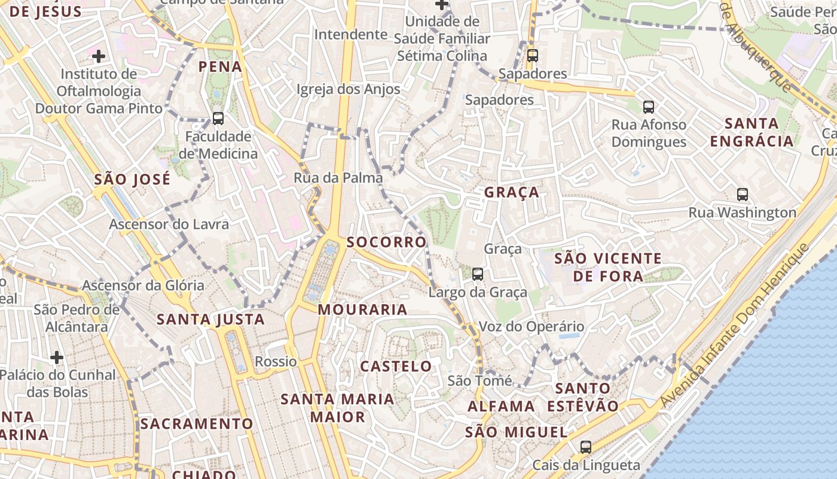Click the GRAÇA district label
(x=511, y=192)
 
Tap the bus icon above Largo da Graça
(x=477, y=274)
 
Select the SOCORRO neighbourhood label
(x=387, y=242)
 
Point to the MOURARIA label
(x=363, y=310)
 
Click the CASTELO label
(x=396, y=366)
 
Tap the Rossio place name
(x=276, y=361)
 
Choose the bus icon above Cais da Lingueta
(x=586, y=447)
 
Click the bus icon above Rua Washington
(x=742, y=194)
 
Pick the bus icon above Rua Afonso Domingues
(x=649, y=107)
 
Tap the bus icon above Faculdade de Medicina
(x=218, y=119)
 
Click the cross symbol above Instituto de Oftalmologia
(x=99, y=56)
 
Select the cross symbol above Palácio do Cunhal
(x=57, y=357)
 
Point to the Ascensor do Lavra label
(x=169, y=225)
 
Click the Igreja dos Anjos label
(x=348, y=89)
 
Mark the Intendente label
(x=351, y=34)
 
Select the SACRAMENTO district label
(x=197, y=424)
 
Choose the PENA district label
(x=221, y=66)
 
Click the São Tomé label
(x=479, y=381)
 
